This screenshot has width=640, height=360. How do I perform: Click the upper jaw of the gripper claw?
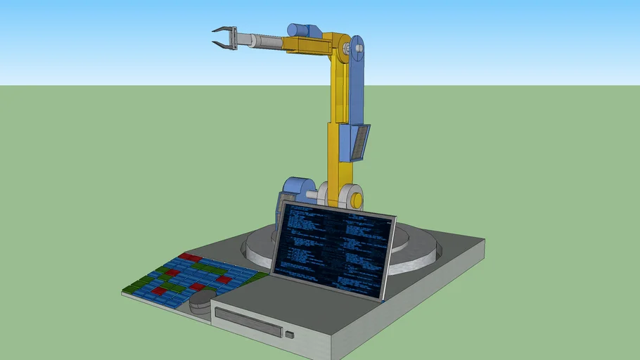[x=220, y=30]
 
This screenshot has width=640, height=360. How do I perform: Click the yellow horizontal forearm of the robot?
[x=306, y=46]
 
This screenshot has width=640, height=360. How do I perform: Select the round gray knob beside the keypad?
[x=202, y=298]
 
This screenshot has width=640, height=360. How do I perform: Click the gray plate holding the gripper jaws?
[x=233, y=38]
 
